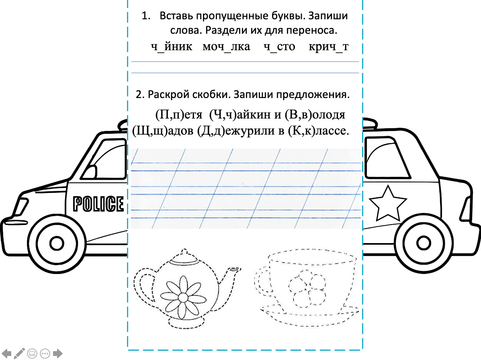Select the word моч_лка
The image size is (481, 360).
point(226,47)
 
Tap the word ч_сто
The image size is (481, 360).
point(279,47)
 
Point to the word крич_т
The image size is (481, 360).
point(328,47)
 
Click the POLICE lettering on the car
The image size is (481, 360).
point(98,204)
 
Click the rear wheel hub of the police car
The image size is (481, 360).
point(423,243)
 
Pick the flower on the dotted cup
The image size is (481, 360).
point(307,287)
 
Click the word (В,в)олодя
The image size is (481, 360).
point(315,115)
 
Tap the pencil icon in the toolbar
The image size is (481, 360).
point(19,353)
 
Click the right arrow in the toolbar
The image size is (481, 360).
point(58,354)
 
